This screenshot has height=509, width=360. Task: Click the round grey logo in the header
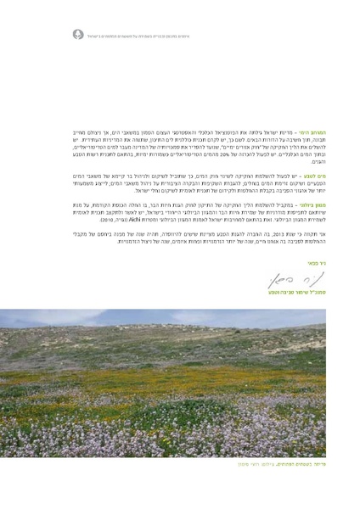pos(80,36)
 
